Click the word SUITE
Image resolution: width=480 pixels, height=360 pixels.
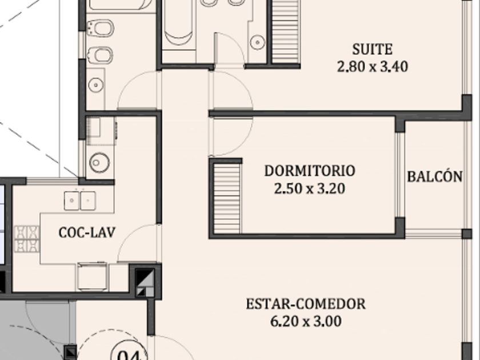point(372,50)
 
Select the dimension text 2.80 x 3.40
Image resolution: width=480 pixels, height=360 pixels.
point(372,67)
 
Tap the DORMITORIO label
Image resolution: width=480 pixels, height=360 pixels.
point(310,171)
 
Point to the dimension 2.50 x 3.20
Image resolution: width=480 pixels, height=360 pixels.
point(310,189)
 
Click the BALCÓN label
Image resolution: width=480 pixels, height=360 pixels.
point(435,177)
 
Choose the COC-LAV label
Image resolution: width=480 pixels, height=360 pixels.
point(87,233)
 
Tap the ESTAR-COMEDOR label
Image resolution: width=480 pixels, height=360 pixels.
point(306,304)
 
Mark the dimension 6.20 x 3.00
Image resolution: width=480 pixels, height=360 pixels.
point(306,321)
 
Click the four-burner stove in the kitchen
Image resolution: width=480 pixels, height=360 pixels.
point(27,239)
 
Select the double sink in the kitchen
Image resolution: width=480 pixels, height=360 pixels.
point(80,201)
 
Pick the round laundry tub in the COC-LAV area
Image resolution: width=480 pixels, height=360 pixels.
point(99,162)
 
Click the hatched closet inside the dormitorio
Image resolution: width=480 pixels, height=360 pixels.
point(226,198)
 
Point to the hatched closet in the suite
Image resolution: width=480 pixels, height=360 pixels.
point(285,31)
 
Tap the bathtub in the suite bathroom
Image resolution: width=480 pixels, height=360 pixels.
point(178,25)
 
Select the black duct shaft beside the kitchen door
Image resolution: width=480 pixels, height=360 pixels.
point(145,282)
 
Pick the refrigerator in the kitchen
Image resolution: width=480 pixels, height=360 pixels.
point(93,276)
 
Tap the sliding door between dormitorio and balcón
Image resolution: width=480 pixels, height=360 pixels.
point(401,175)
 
